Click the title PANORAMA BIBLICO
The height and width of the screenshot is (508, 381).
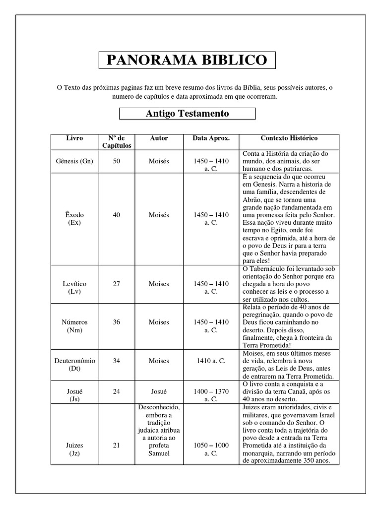(187, 61)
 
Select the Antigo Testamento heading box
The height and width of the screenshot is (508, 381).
(187, 114)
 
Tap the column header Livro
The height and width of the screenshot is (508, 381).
(74, 138)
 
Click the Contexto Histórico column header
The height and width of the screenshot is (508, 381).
(289, 138)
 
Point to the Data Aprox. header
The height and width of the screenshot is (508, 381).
(211, 138)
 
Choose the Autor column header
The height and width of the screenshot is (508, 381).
(159, 138)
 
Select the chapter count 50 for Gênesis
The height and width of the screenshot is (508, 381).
(116, 161)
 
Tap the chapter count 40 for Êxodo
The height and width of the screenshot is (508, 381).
(116, 215)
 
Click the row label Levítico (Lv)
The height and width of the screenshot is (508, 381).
(74, 288)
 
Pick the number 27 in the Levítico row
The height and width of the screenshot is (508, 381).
(116, 284)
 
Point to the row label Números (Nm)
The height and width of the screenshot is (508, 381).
(74, 326)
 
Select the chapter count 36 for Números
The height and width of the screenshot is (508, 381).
(116, 322)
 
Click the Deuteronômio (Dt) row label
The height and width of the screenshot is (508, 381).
(74, 365)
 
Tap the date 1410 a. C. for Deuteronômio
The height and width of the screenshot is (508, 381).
(211, 361)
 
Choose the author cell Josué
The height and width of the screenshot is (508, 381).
(159, 391)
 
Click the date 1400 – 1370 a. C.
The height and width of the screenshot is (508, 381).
(211, 395)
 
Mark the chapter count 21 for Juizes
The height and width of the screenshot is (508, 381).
(116, 445)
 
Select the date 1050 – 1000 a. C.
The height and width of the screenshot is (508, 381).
(211, 449)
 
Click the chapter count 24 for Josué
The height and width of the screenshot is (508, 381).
(116, 391)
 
